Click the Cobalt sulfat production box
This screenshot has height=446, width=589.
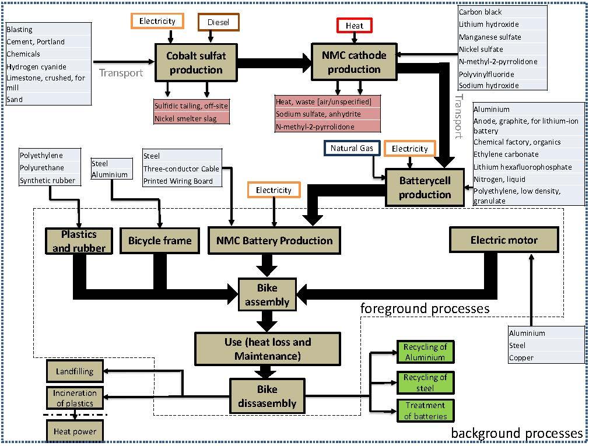pos(195,62)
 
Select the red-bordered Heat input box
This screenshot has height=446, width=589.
pos(354,26)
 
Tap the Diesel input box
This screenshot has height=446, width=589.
pos(218,23)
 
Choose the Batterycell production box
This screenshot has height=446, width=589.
pos(425,187)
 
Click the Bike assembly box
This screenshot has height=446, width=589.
pos(267,295)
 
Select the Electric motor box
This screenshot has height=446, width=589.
pos(504,240)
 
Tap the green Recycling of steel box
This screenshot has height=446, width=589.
pos(425,382)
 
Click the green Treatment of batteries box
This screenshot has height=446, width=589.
pos(425,410)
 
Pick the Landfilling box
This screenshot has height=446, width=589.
pos(75,371)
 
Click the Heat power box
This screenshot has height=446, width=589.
pos(75,432)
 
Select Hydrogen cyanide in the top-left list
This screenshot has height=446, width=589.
pos(36,66)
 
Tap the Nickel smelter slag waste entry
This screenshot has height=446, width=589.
pos(185,118)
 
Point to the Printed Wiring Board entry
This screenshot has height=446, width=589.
pos(178,181)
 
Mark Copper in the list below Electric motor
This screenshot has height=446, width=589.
pos(521,357)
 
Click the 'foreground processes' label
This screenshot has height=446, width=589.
pos(425,308)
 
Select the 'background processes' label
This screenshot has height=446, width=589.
pos(517,433)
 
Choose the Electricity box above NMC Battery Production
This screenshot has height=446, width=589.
pos(274,190)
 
